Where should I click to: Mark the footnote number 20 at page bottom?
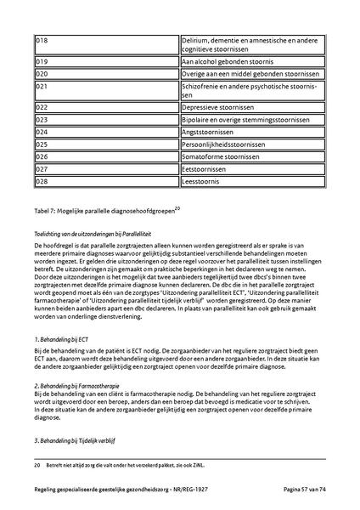coord(37,466)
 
